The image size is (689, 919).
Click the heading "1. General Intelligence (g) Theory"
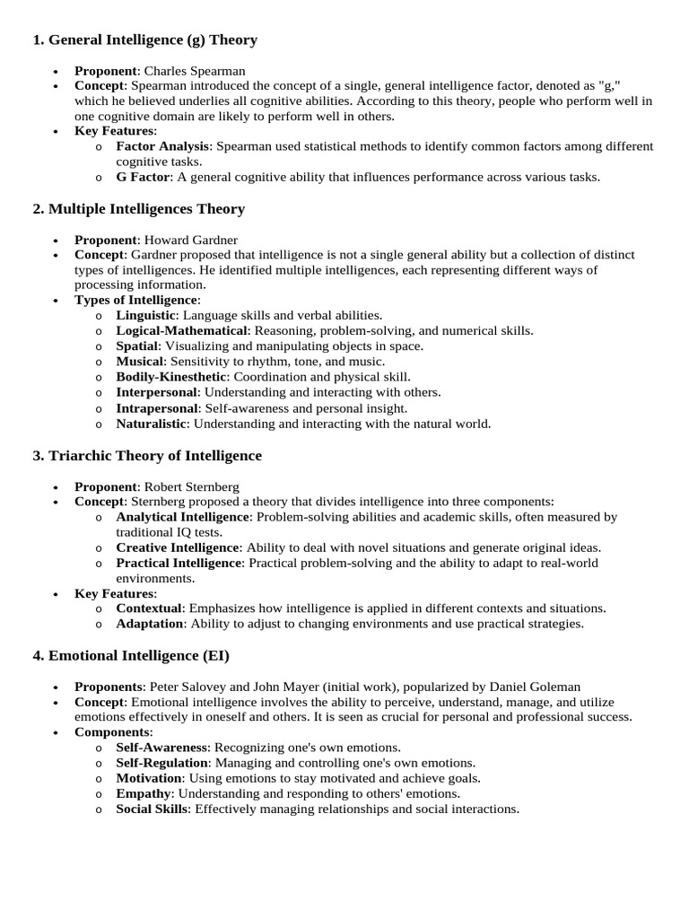(144, 39)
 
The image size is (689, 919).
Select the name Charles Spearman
(195, 70)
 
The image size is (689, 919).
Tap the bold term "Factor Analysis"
(162, 146)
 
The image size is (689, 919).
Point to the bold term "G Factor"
(143, 177)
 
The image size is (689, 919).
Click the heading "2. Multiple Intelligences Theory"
(138, 209)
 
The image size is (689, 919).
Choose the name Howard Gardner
(191, 240)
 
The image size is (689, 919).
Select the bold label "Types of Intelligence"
(135, 300)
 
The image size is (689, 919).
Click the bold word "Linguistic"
(146, 315)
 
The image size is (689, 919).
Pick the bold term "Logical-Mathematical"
(181, 330)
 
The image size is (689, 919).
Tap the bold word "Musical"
(140, 361)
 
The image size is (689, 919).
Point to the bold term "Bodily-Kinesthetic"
(171, 377)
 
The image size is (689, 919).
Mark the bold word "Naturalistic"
(152, 424)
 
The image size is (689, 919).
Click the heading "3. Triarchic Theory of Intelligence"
(147, 456)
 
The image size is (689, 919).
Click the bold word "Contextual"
(149, 608)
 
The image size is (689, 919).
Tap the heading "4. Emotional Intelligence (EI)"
(131, 656)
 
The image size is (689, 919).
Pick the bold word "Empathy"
(144, 793)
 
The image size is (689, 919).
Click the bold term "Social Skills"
(152, 809)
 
